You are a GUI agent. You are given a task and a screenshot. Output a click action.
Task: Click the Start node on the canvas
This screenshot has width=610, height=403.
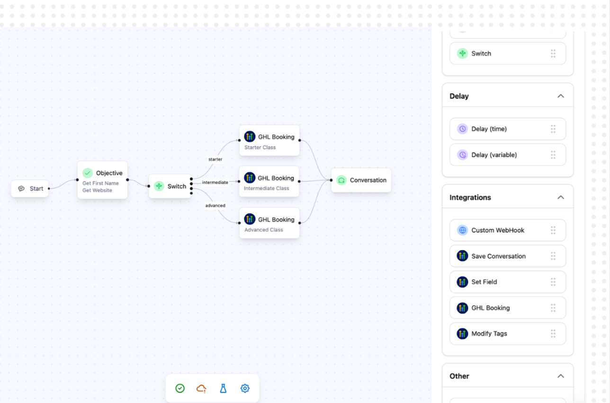(30, 188)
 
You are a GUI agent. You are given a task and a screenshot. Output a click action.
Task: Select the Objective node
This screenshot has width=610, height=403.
(102, 180)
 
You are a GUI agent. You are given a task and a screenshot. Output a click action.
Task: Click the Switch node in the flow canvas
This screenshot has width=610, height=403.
(170, 186)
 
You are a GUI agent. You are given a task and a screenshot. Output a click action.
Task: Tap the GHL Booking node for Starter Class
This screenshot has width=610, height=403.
(269, 140)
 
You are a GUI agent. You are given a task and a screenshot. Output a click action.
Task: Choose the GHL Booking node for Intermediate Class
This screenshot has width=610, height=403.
(269, 181)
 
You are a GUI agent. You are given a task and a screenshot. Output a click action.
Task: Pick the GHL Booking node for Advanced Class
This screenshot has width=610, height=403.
(269, 223)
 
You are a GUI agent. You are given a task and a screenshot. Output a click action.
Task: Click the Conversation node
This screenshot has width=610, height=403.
(361, 180)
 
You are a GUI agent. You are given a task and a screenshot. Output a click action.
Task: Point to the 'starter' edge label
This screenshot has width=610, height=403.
(215, 159)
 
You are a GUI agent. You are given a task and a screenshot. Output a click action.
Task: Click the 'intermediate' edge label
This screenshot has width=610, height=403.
(215, 182)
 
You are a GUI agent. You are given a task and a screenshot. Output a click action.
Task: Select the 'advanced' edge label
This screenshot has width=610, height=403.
(215, 205)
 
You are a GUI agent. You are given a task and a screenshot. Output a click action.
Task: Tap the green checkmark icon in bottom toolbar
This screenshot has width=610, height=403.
(180, 388)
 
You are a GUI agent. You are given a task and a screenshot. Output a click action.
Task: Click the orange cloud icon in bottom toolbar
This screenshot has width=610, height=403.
(202, 388)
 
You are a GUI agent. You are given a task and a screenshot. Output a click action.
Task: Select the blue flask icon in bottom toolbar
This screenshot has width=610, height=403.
(223, 388)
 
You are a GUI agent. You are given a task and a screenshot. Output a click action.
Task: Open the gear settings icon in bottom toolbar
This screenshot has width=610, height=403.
(245, 388)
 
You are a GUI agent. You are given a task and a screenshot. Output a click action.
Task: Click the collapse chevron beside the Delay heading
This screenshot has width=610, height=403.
(561, 96)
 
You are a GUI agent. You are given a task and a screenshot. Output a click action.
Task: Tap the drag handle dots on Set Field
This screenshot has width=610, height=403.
(553, 282)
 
